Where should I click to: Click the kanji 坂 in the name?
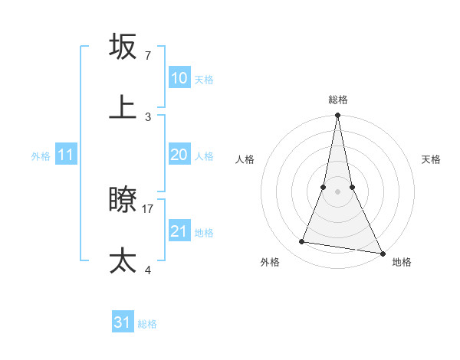click(123, 47)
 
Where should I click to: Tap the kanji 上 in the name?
click(123, 107)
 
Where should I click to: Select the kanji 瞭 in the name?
click(123, 200)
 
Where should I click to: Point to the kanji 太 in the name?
click(123, 260)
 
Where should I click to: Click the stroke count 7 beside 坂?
click(147, 56)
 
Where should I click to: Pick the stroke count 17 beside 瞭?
click(148, 208)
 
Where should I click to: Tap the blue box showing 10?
click(179, 78)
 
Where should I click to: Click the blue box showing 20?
click(179, 155)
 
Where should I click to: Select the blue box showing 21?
click(179, 231)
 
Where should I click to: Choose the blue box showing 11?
click(65, 155)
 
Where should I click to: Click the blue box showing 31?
click(123, 322)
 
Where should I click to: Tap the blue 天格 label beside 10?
click(203, 80)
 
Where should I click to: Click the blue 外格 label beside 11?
click(41, 156)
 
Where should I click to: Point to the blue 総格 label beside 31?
click(147, 324)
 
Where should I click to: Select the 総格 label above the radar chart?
click(337, 100)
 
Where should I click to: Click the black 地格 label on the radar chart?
click(402, 262)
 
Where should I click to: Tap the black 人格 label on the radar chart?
click(245, 159)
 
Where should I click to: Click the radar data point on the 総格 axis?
click(337, 116)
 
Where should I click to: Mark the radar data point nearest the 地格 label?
click(382, 253)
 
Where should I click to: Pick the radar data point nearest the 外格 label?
click(302, 242)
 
